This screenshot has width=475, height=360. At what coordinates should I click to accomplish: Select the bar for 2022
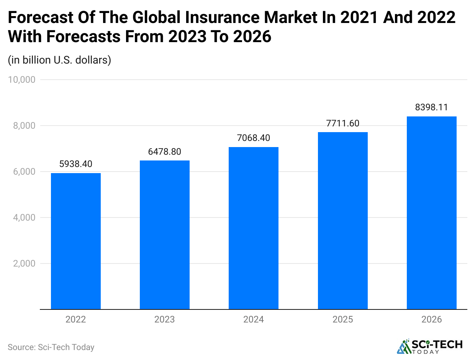pyautogui.click(x=76, y=241)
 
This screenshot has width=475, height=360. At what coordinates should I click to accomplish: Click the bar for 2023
pyautogui.click(x=165, y=235)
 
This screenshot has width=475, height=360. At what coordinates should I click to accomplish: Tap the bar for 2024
pyautogui.click(x=254, y=228)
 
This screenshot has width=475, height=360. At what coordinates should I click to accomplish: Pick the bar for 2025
pyautogui.click(x=342, y=221)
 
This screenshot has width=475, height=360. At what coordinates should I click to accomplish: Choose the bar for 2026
pyautogui.click(x=431, y=213)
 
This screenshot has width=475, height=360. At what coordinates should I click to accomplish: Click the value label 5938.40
pyautogui.click(x=76, y=164)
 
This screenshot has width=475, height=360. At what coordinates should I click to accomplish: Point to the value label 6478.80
pyautogui.click(x=165, y=152)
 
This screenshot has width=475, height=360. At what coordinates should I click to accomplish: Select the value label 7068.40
pyautogui.click(x=254, y=138)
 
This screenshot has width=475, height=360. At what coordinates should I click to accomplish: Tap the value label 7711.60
pyautogui.click(x=342, y=123)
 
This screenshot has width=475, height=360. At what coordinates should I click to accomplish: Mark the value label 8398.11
pyautogui.click(x=431, y=107)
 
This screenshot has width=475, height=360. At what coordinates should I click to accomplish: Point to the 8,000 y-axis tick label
pyautogui.click(x=24, y=126)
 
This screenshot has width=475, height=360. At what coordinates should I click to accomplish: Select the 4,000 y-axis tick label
pyautogui.click(x=24, y=218)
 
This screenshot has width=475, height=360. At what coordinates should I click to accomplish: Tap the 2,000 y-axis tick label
pyautogui.click(x=24, y=263)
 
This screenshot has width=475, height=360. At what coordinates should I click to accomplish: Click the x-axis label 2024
pyautogui.click(x=254, y=319)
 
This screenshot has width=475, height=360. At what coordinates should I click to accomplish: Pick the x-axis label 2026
pyautogui.click(x=431, y=319)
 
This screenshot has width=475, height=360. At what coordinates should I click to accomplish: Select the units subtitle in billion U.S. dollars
pyautogui.click(x=59, y=60)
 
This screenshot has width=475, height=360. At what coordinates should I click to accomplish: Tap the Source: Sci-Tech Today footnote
pyautogui.click(x=51, y=347)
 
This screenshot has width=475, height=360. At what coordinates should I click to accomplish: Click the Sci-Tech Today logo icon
pyautogui.click(x=403, y=347)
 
